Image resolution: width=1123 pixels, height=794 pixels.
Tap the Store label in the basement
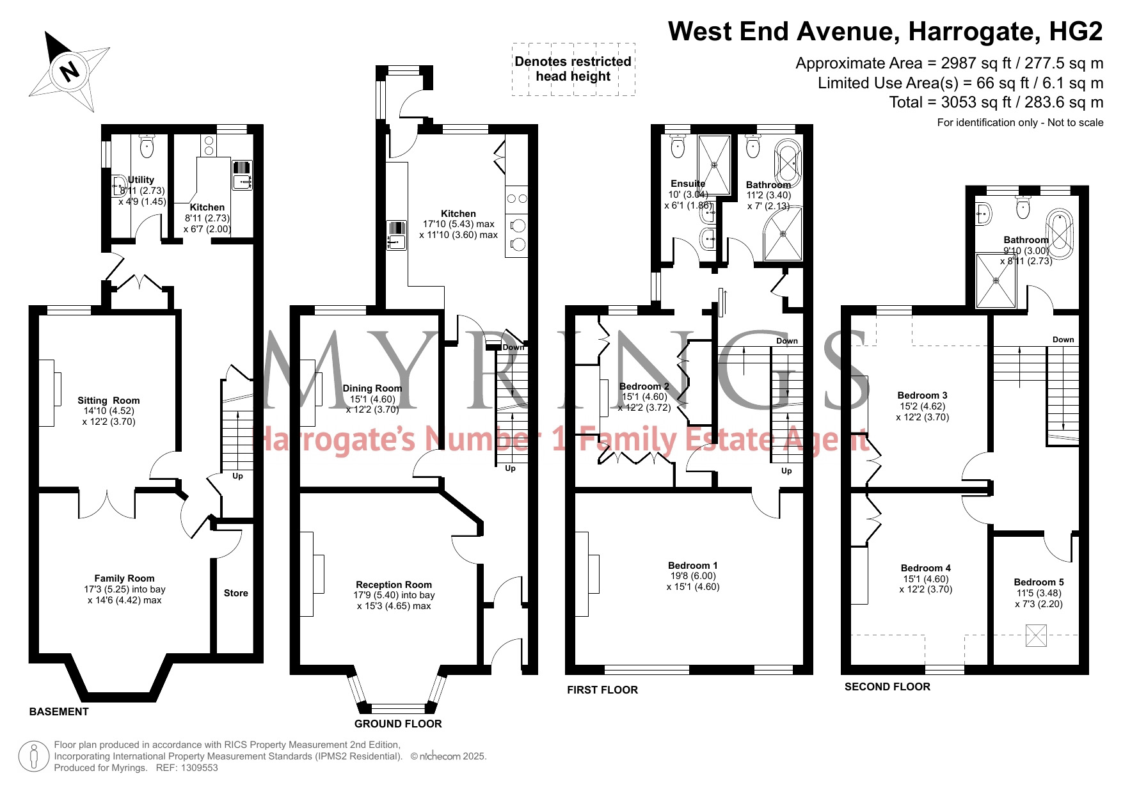pyautogui.click(x=236, y=593)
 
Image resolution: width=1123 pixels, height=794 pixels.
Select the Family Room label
pyautogui.click(x=125, y=578)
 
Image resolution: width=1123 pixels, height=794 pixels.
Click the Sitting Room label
pyautogui.click(x=109, y=401)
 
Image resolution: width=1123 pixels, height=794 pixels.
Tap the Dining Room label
pyautogui.click(x=372, y=388)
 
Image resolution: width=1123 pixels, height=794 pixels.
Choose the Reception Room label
pyautogui.click(x=394, y=585)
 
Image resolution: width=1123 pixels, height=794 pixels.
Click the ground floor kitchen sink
pyautogui.click(x=396, y=235)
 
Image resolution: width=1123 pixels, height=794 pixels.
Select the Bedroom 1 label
pyautogui.click(x=693, y=566)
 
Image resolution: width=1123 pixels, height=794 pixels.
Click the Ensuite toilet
pyautogui.click(x=678, y=146)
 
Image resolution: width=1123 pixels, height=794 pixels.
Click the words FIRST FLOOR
pyautogui.click(x=602, y=690)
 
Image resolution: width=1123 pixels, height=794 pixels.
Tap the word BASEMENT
pyautogui.click(x=59, y=711)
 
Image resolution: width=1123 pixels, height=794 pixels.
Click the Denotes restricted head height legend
pyautogui.click(x=573, y=69)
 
